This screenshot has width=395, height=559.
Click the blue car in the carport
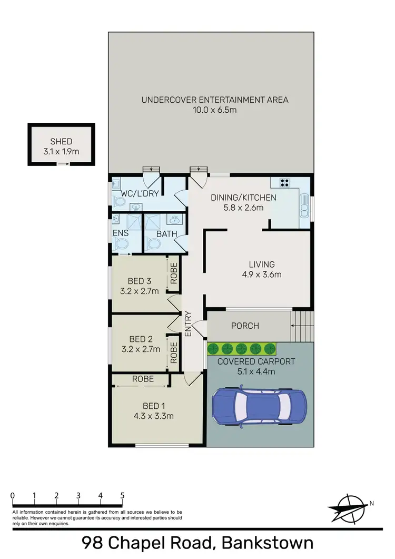[x=259, y=407]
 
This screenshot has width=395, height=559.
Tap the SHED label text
[x=61, y=141]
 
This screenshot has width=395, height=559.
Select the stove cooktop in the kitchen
[x=285, y=183]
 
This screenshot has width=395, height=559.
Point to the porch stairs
[x=302, y=326]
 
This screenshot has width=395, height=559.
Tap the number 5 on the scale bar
[x=122, y=495]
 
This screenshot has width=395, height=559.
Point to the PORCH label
[x=245, y=326]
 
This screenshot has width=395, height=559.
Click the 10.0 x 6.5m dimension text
[x=215, y=110]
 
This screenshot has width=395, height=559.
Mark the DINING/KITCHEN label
[x=243, y=198]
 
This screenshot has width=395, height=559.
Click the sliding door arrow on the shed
[x=63, y=164]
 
